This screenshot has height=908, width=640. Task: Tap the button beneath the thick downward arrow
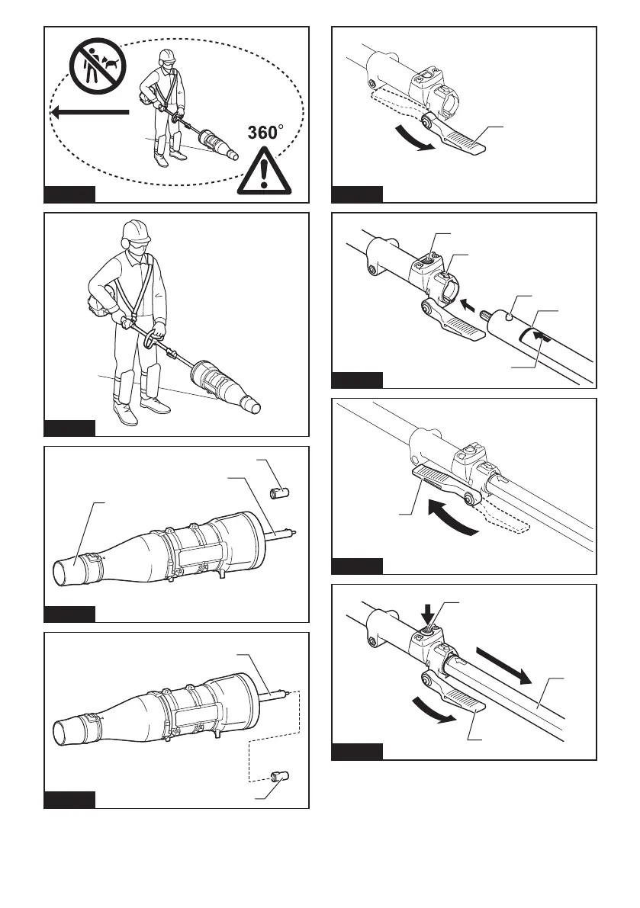(x=429, y=628)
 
